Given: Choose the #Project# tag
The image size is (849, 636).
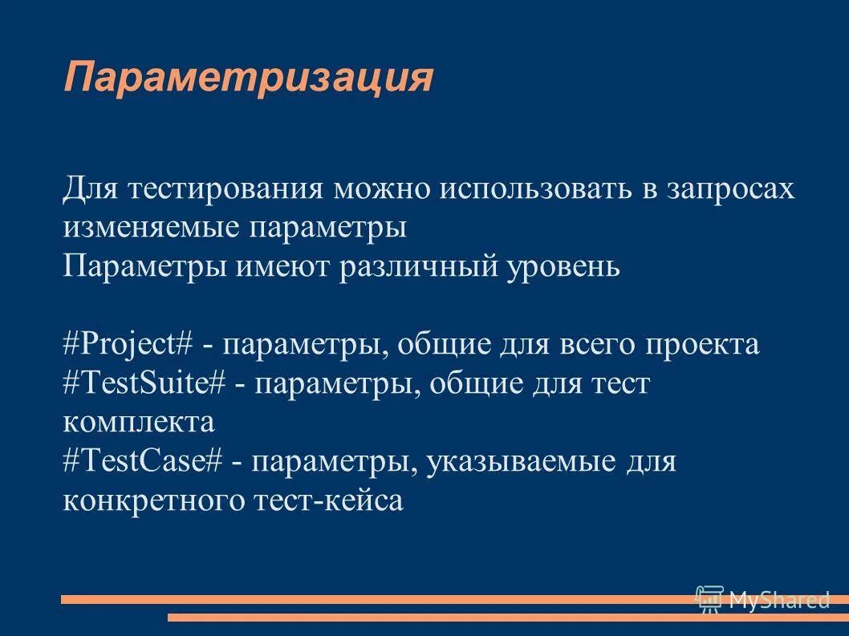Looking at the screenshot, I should [128, 345].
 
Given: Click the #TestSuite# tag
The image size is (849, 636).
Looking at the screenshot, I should [144, 384].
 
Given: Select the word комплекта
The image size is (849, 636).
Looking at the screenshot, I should [139, 423].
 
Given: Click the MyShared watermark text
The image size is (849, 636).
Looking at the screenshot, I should [778, 599].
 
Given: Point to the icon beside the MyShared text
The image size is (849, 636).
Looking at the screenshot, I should [709, 599].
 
